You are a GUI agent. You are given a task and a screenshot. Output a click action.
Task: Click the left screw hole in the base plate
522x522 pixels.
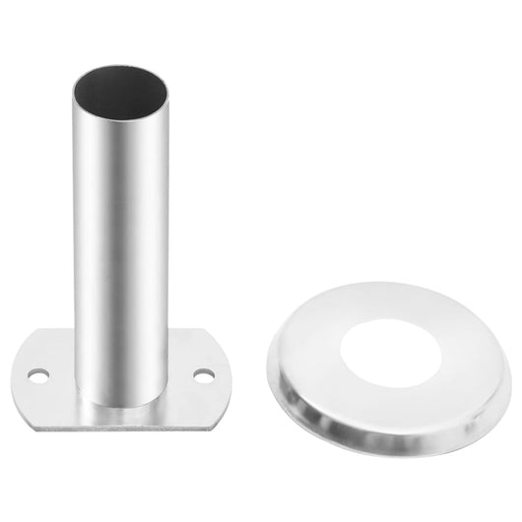coord(37,375)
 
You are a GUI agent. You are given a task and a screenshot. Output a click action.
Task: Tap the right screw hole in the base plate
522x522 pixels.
coord(203,375)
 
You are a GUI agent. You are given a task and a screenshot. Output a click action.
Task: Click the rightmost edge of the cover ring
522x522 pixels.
coord(507,359)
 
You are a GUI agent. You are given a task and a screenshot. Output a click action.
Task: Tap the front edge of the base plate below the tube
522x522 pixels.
coord(121,424)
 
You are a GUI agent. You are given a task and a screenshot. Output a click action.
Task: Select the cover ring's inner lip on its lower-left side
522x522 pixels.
coord(300,394)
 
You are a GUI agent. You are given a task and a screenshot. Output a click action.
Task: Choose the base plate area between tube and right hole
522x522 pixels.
coord(182,379)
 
